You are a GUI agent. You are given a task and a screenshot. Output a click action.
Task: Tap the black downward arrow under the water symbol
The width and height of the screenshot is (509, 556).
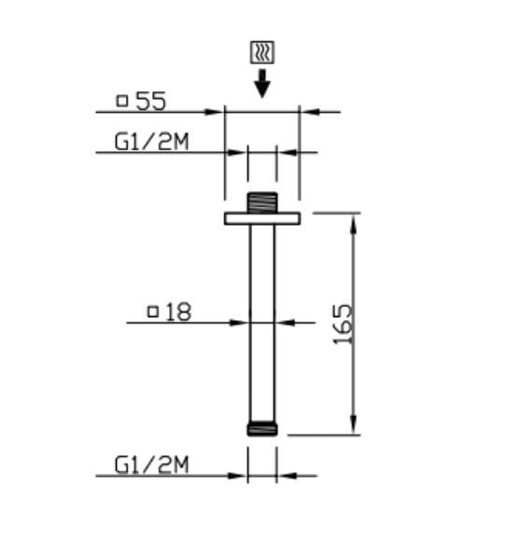tap(262, 84)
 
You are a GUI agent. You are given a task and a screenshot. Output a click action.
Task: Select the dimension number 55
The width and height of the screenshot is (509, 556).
tap(151, 101)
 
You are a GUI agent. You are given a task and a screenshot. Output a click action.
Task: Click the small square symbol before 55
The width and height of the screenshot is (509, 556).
tap(121, 101)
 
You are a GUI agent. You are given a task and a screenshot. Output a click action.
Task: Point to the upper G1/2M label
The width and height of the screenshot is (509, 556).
tap(151, 141)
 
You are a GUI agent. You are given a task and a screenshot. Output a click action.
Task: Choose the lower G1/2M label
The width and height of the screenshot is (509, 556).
tap(151, 464)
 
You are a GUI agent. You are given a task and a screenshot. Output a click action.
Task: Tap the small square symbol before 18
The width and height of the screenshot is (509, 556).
tap(152, 312)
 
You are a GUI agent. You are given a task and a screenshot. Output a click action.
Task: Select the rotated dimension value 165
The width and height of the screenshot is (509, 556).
tap(343, 324)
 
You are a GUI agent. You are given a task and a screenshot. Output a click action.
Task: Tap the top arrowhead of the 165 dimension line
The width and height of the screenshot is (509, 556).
tap(354, 220)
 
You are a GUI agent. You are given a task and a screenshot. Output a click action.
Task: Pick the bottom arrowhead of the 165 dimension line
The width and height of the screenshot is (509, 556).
tap(354, 427)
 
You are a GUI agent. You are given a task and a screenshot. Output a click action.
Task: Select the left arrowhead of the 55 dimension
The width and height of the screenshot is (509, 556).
tap(218, 112)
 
